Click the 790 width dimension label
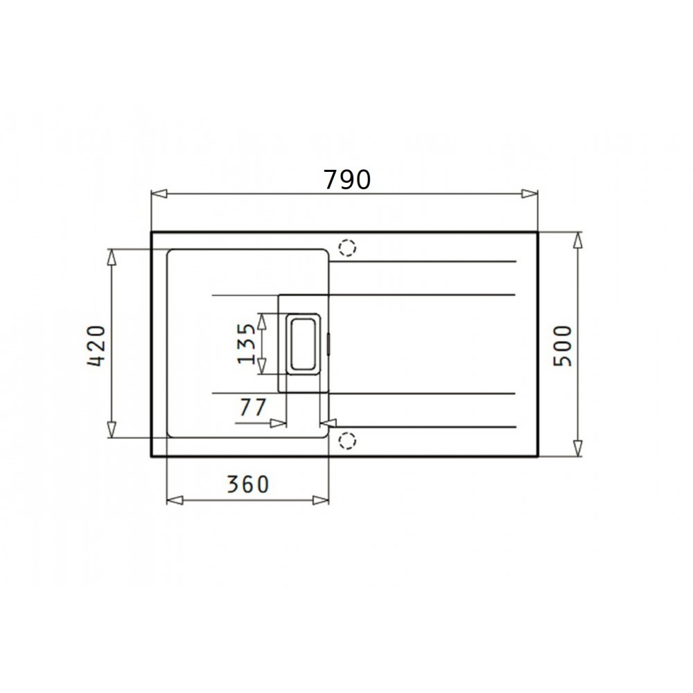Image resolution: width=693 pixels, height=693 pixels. pyautogui.click(x=347, y=180)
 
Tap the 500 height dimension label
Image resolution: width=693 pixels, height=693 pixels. pyautogui.click(x=563, y=346)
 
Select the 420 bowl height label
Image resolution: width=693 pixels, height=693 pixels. pyautogui.click(x=97, y=346)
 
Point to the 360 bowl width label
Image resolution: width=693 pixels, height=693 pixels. pyautogui.click(x=247, y=484)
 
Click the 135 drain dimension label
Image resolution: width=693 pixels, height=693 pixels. pyautogui.click(x=247, y=344)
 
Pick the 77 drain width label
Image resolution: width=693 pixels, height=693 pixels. pyautogui.click(x=253, y=407)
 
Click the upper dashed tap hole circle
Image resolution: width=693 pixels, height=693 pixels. pyautogui.click(x=347, y=248)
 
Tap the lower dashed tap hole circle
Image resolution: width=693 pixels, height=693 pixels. pyautogui.click(x=347, y=441)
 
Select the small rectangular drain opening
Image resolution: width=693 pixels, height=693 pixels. pyautogui.click(x=303, y=344)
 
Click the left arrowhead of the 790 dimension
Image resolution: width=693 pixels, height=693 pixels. pyautogui.click(x=159, y=193)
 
